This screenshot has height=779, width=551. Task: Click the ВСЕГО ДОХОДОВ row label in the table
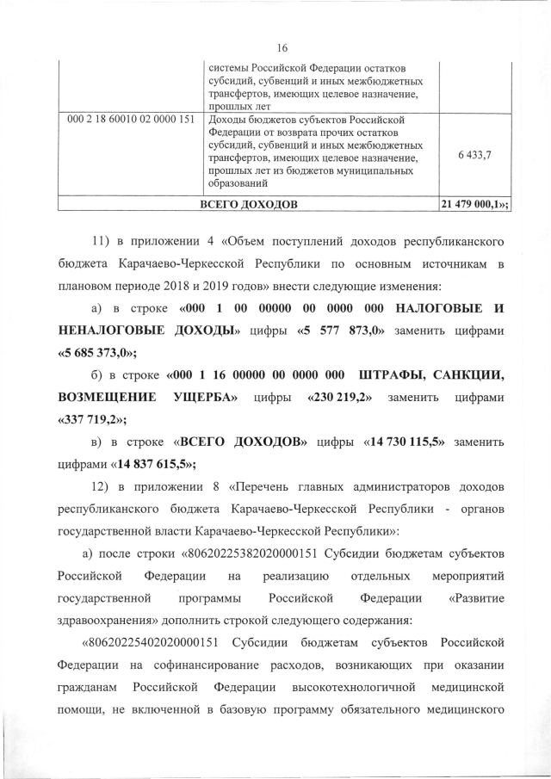pyautogui.click(x=249, y=205)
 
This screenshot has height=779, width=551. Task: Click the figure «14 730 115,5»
pyautogui.click(x=406, y=442)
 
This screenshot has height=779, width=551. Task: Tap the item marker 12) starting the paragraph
pyautogui.click(x=102, y=488)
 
